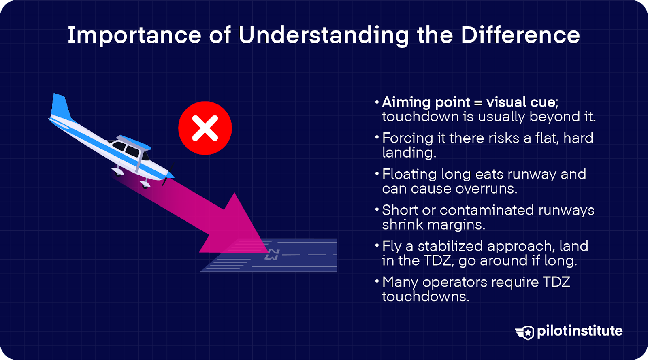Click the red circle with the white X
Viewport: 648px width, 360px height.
(205, 128)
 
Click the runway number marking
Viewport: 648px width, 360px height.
(272, 255)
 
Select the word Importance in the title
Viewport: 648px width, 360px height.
(134, 35)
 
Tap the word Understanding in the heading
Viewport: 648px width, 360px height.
(324, 36)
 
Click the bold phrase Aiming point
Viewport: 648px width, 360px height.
(426, 102)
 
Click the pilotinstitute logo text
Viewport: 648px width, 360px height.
(580, 331)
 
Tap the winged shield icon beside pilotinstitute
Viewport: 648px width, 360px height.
(525, 332)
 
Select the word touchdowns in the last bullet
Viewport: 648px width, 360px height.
(426, 297)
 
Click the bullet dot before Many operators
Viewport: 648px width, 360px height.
(377, 281)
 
